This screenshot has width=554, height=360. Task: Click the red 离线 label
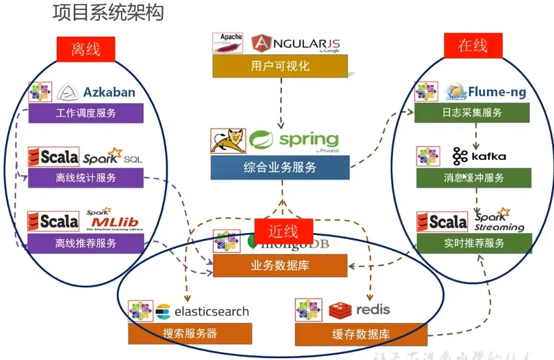tap(86, 49)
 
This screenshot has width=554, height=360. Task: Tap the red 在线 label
tap(473, 46)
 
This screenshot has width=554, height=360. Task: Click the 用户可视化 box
tap(280, 66)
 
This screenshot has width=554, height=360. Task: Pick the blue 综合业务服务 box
tap(280, 168)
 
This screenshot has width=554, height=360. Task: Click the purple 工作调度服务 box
tap(86, 113)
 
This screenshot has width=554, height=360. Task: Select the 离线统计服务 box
tap(86, 178)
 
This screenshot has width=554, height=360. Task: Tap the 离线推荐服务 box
tap(86, 243)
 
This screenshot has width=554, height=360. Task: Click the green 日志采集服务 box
tap(471, 113)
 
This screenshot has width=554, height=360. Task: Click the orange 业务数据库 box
tap(280, 266)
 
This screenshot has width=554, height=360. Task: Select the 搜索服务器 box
tap(190, 333)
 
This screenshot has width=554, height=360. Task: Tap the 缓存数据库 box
tap(360, 334)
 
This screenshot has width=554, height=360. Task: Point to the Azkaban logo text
tap(109, 92)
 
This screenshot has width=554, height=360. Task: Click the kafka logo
tap(479, 156)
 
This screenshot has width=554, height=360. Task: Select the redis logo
tap(360, 309)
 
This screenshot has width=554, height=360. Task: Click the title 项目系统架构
tap(107, 13)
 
